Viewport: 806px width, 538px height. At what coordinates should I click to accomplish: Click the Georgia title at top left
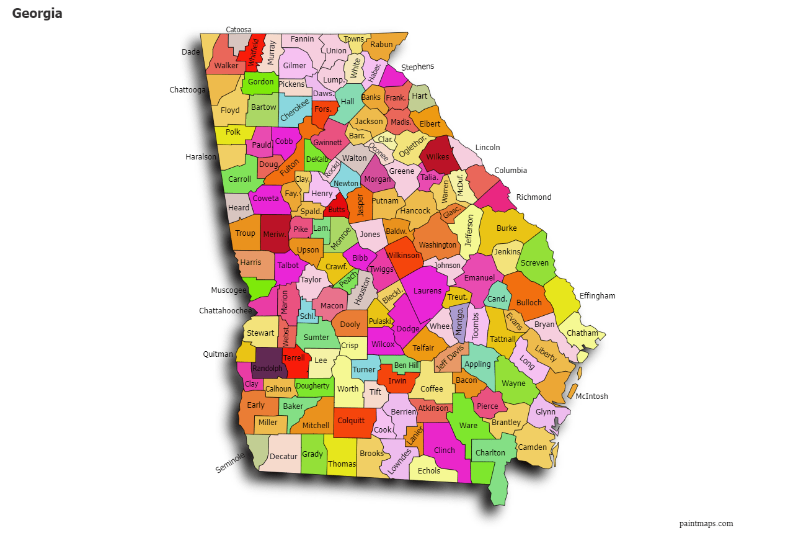(37, 13)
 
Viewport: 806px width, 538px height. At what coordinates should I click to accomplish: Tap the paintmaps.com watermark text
(706, 524)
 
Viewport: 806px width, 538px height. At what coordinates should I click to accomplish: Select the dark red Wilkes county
(438, 156)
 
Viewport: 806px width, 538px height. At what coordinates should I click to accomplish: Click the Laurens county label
(427, 291)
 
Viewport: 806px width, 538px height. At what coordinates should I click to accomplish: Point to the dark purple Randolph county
(267, 367)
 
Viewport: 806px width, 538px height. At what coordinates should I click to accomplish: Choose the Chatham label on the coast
(582, 333)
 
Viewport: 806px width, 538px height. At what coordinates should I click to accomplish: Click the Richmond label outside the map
(533, 197)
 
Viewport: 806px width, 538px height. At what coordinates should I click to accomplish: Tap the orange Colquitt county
(351, 421)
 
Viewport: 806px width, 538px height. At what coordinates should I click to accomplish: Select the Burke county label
(507, 228)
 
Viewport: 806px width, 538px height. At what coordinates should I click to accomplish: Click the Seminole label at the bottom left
(230, 462)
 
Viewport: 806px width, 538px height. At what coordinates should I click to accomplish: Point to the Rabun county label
(381, 45)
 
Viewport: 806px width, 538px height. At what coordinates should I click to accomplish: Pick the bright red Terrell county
(294, 358)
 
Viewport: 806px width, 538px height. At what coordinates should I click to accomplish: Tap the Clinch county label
(445, 451)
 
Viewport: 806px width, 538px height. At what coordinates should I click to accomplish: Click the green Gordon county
(260, 82)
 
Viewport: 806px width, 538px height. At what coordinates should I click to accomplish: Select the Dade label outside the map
(190, 52)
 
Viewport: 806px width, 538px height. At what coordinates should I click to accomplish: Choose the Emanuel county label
(479, 277)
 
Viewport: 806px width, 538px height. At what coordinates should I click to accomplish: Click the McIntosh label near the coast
(591, 397)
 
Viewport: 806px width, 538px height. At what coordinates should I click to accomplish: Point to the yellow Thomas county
(342, 464)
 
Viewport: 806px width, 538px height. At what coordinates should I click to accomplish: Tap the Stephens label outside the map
(417, 67)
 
